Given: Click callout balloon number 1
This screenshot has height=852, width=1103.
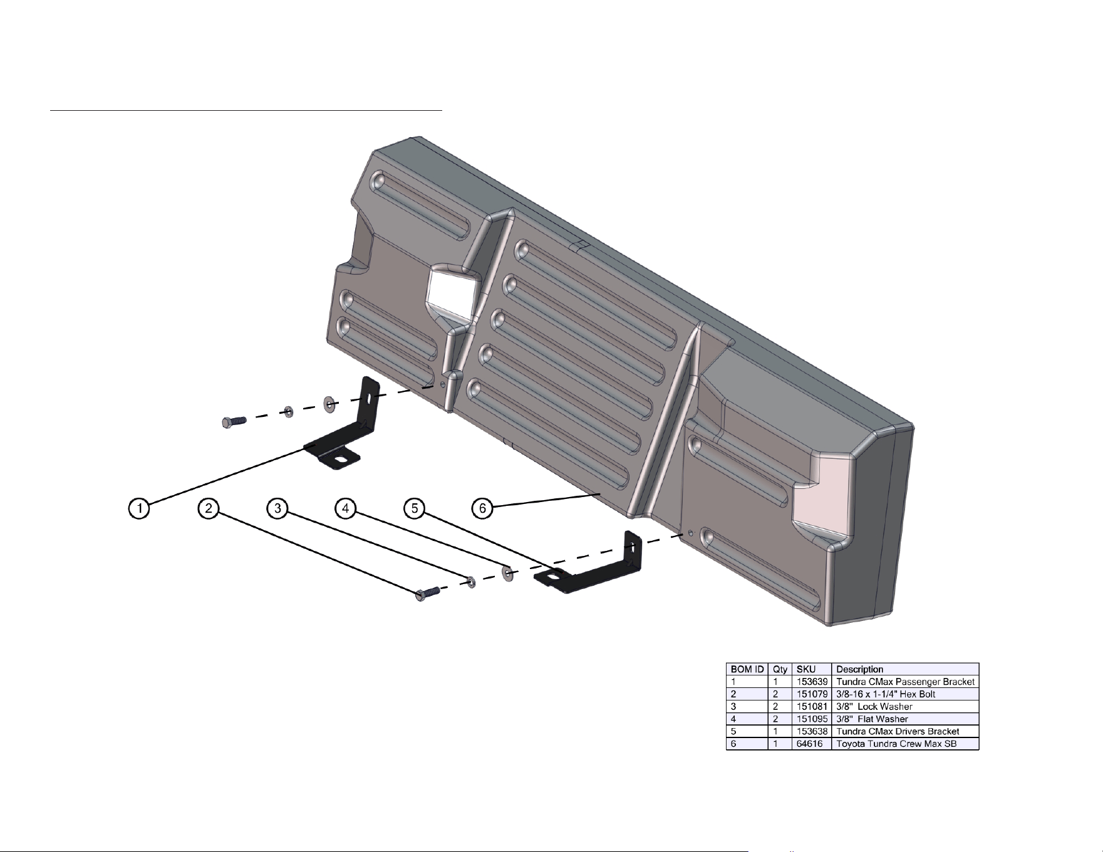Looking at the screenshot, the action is coord(139,508).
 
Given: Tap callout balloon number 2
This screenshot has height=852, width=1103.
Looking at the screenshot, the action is coord(208,508).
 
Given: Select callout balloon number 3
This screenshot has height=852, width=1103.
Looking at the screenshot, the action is coord(277,508).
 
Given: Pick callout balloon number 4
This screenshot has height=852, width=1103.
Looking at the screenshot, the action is coord(346,508).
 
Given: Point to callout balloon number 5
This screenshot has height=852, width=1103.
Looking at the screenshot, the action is coord(415,508).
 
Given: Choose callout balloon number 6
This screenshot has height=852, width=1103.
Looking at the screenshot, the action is coord(483,508).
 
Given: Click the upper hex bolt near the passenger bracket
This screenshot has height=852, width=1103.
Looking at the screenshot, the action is coord(234,422).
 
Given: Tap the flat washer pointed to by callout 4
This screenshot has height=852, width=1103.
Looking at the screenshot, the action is coord(508,573).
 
